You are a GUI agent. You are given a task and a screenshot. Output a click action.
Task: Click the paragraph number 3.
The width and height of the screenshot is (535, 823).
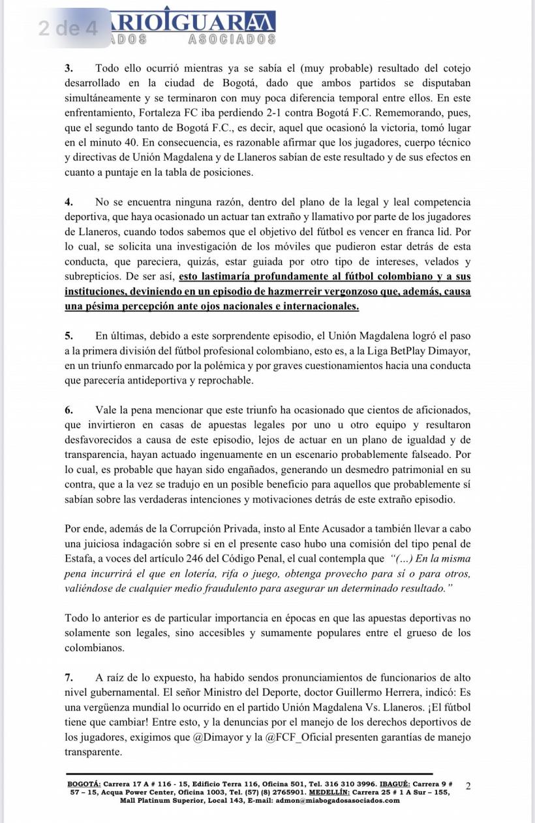pos(68,69)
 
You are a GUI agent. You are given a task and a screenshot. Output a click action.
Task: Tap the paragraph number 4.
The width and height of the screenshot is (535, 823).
pos(68,202)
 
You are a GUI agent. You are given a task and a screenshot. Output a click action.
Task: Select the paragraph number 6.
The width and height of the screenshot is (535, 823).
pos(68,410)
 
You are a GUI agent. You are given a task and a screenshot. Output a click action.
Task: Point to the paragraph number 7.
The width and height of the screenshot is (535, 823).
pos(68,677)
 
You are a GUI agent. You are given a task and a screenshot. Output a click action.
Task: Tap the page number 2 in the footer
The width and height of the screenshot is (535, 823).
pos(468,786)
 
